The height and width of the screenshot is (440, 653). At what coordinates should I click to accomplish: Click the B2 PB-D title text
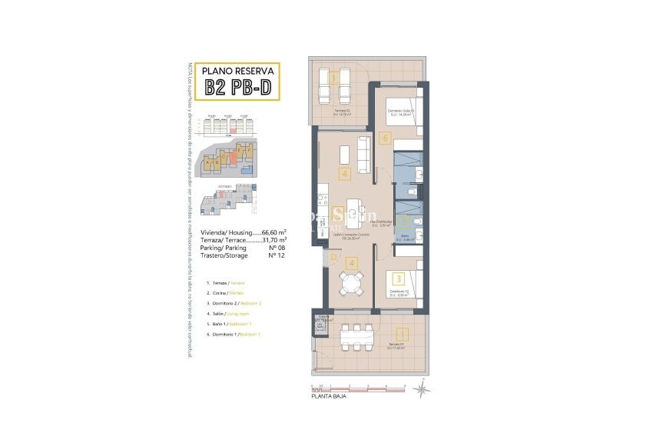click(237, 87)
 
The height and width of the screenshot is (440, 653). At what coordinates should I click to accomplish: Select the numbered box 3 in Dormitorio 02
click(397, 279)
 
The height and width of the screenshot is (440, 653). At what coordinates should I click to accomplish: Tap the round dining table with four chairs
click(351, 285)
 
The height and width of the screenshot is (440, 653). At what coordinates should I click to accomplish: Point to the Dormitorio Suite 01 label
click(401, 112)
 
